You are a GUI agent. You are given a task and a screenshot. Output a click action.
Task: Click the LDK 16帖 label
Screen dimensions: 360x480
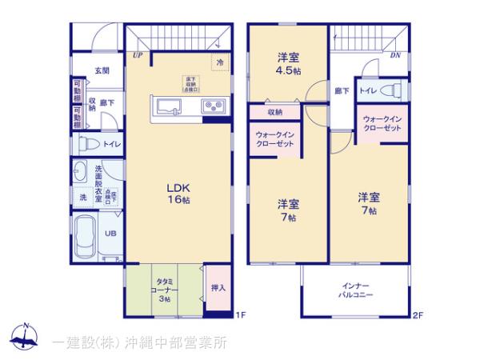(x=178, y=193)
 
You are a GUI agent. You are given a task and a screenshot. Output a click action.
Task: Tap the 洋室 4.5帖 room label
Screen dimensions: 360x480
(x=288, y=63)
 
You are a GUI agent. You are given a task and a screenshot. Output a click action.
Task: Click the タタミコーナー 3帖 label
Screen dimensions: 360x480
(x=162, y=287)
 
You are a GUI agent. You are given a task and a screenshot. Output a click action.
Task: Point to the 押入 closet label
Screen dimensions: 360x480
(x=218, y=288)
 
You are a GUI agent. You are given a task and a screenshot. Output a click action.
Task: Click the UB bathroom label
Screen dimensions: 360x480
(x=111, y=234)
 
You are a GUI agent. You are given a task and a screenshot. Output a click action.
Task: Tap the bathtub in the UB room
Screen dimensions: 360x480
(x=86, y=236)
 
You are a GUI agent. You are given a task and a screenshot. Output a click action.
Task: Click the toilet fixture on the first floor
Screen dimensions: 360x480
(x=87, y=145)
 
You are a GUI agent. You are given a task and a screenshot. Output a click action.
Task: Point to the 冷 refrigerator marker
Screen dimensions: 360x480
(x=218, y=62)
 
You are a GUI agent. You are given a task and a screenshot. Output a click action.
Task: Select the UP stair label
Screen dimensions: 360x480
(x=138, y=55)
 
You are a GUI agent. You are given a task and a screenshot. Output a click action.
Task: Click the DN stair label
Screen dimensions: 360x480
(x=394, y=55)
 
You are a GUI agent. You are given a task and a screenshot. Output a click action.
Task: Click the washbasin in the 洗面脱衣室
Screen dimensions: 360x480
(x=80, y=172)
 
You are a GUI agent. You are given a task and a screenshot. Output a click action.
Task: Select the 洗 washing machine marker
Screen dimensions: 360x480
(x=82, y=197)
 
